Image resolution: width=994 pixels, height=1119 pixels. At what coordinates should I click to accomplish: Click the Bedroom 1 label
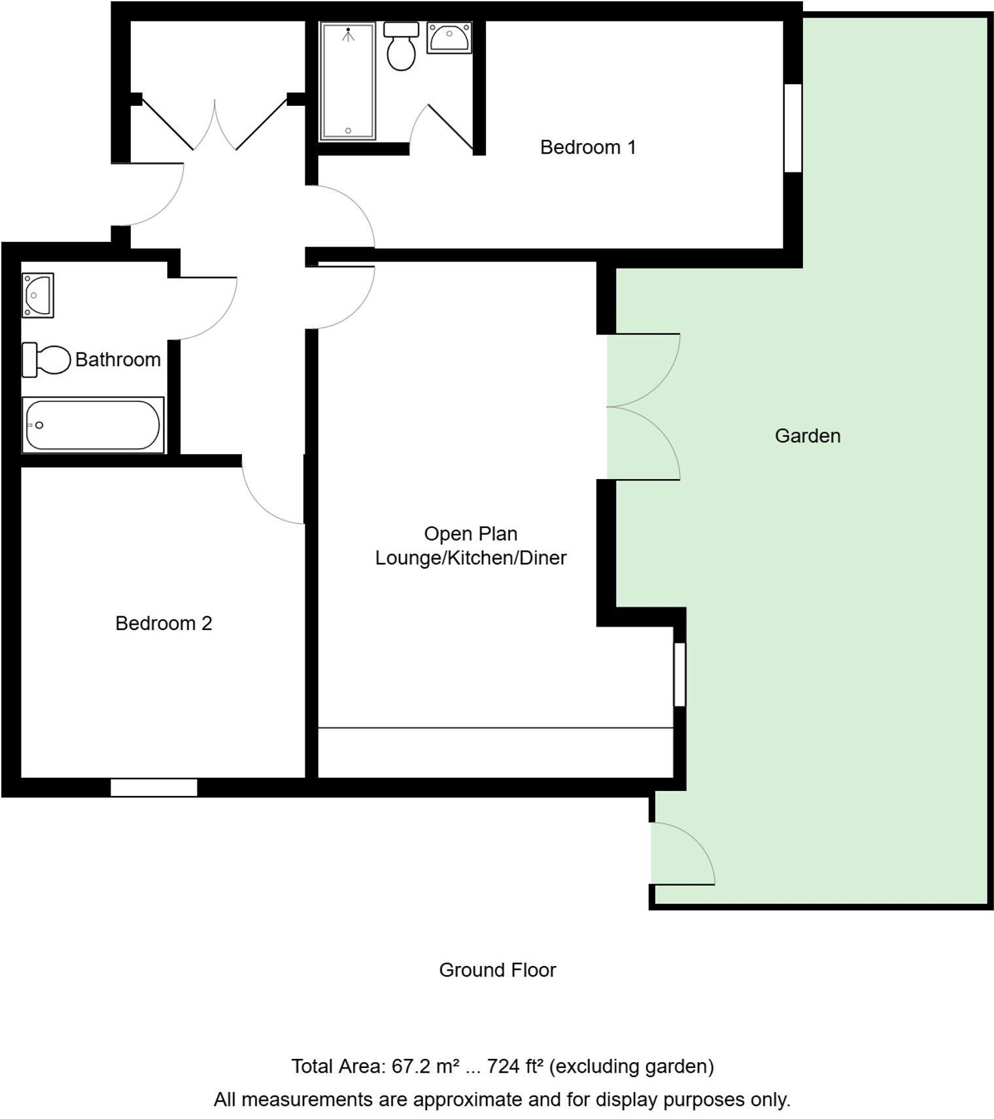587,147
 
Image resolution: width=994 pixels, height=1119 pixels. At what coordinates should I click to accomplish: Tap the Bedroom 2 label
163,623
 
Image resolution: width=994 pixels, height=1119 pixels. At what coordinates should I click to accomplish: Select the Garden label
807,435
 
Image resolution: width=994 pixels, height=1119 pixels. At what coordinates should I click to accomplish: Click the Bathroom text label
118,359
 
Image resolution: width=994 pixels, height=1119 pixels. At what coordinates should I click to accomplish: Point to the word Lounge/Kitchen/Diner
470,558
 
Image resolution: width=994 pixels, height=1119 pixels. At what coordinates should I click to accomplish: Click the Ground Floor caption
497,969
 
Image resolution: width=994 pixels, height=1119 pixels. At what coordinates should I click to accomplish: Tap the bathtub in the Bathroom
93,425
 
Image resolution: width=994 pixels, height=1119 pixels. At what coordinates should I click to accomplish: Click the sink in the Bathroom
38,295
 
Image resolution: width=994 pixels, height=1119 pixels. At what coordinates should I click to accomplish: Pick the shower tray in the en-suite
348,81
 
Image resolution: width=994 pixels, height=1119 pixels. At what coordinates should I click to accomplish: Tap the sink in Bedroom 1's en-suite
449,37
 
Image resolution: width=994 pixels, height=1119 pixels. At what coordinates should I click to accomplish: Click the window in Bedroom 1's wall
793,128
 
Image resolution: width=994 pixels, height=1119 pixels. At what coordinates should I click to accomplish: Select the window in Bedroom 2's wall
154,787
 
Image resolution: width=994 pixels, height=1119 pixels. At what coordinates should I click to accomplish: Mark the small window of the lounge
679,674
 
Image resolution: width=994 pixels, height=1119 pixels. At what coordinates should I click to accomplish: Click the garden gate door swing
681,853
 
